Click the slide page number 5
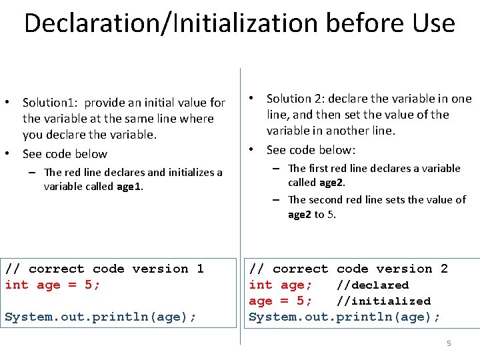pyautogui.click(x=449, y=343)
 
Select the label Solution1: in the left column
pyautogui.click(x=52, y=103)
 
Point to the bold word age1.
pyautogui.click(x=130, y=187)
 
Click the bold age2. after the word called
pyautogui.click(x=333, y=183)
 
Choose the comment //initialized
pyautogui.click(x=383, y=301)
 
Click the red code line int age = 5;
pyautogui.click(x=53, y=285)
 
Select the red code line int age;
pyautogui.click(x=281, y=285)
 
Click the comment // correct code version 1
pyautogui.click(x=104, y=269)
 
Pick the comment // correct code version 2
pyautogui.click(x=348, y=269)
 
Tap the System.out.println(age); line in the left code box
pyautogui.click(x=101, y=317)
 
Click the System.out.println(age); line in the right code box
pyautogui.click(x=345, y=317)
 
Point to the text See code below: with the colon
pyautogui.click(x=311, y=149)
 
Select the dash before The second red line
pyautogui.click(x=275, y=200)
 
